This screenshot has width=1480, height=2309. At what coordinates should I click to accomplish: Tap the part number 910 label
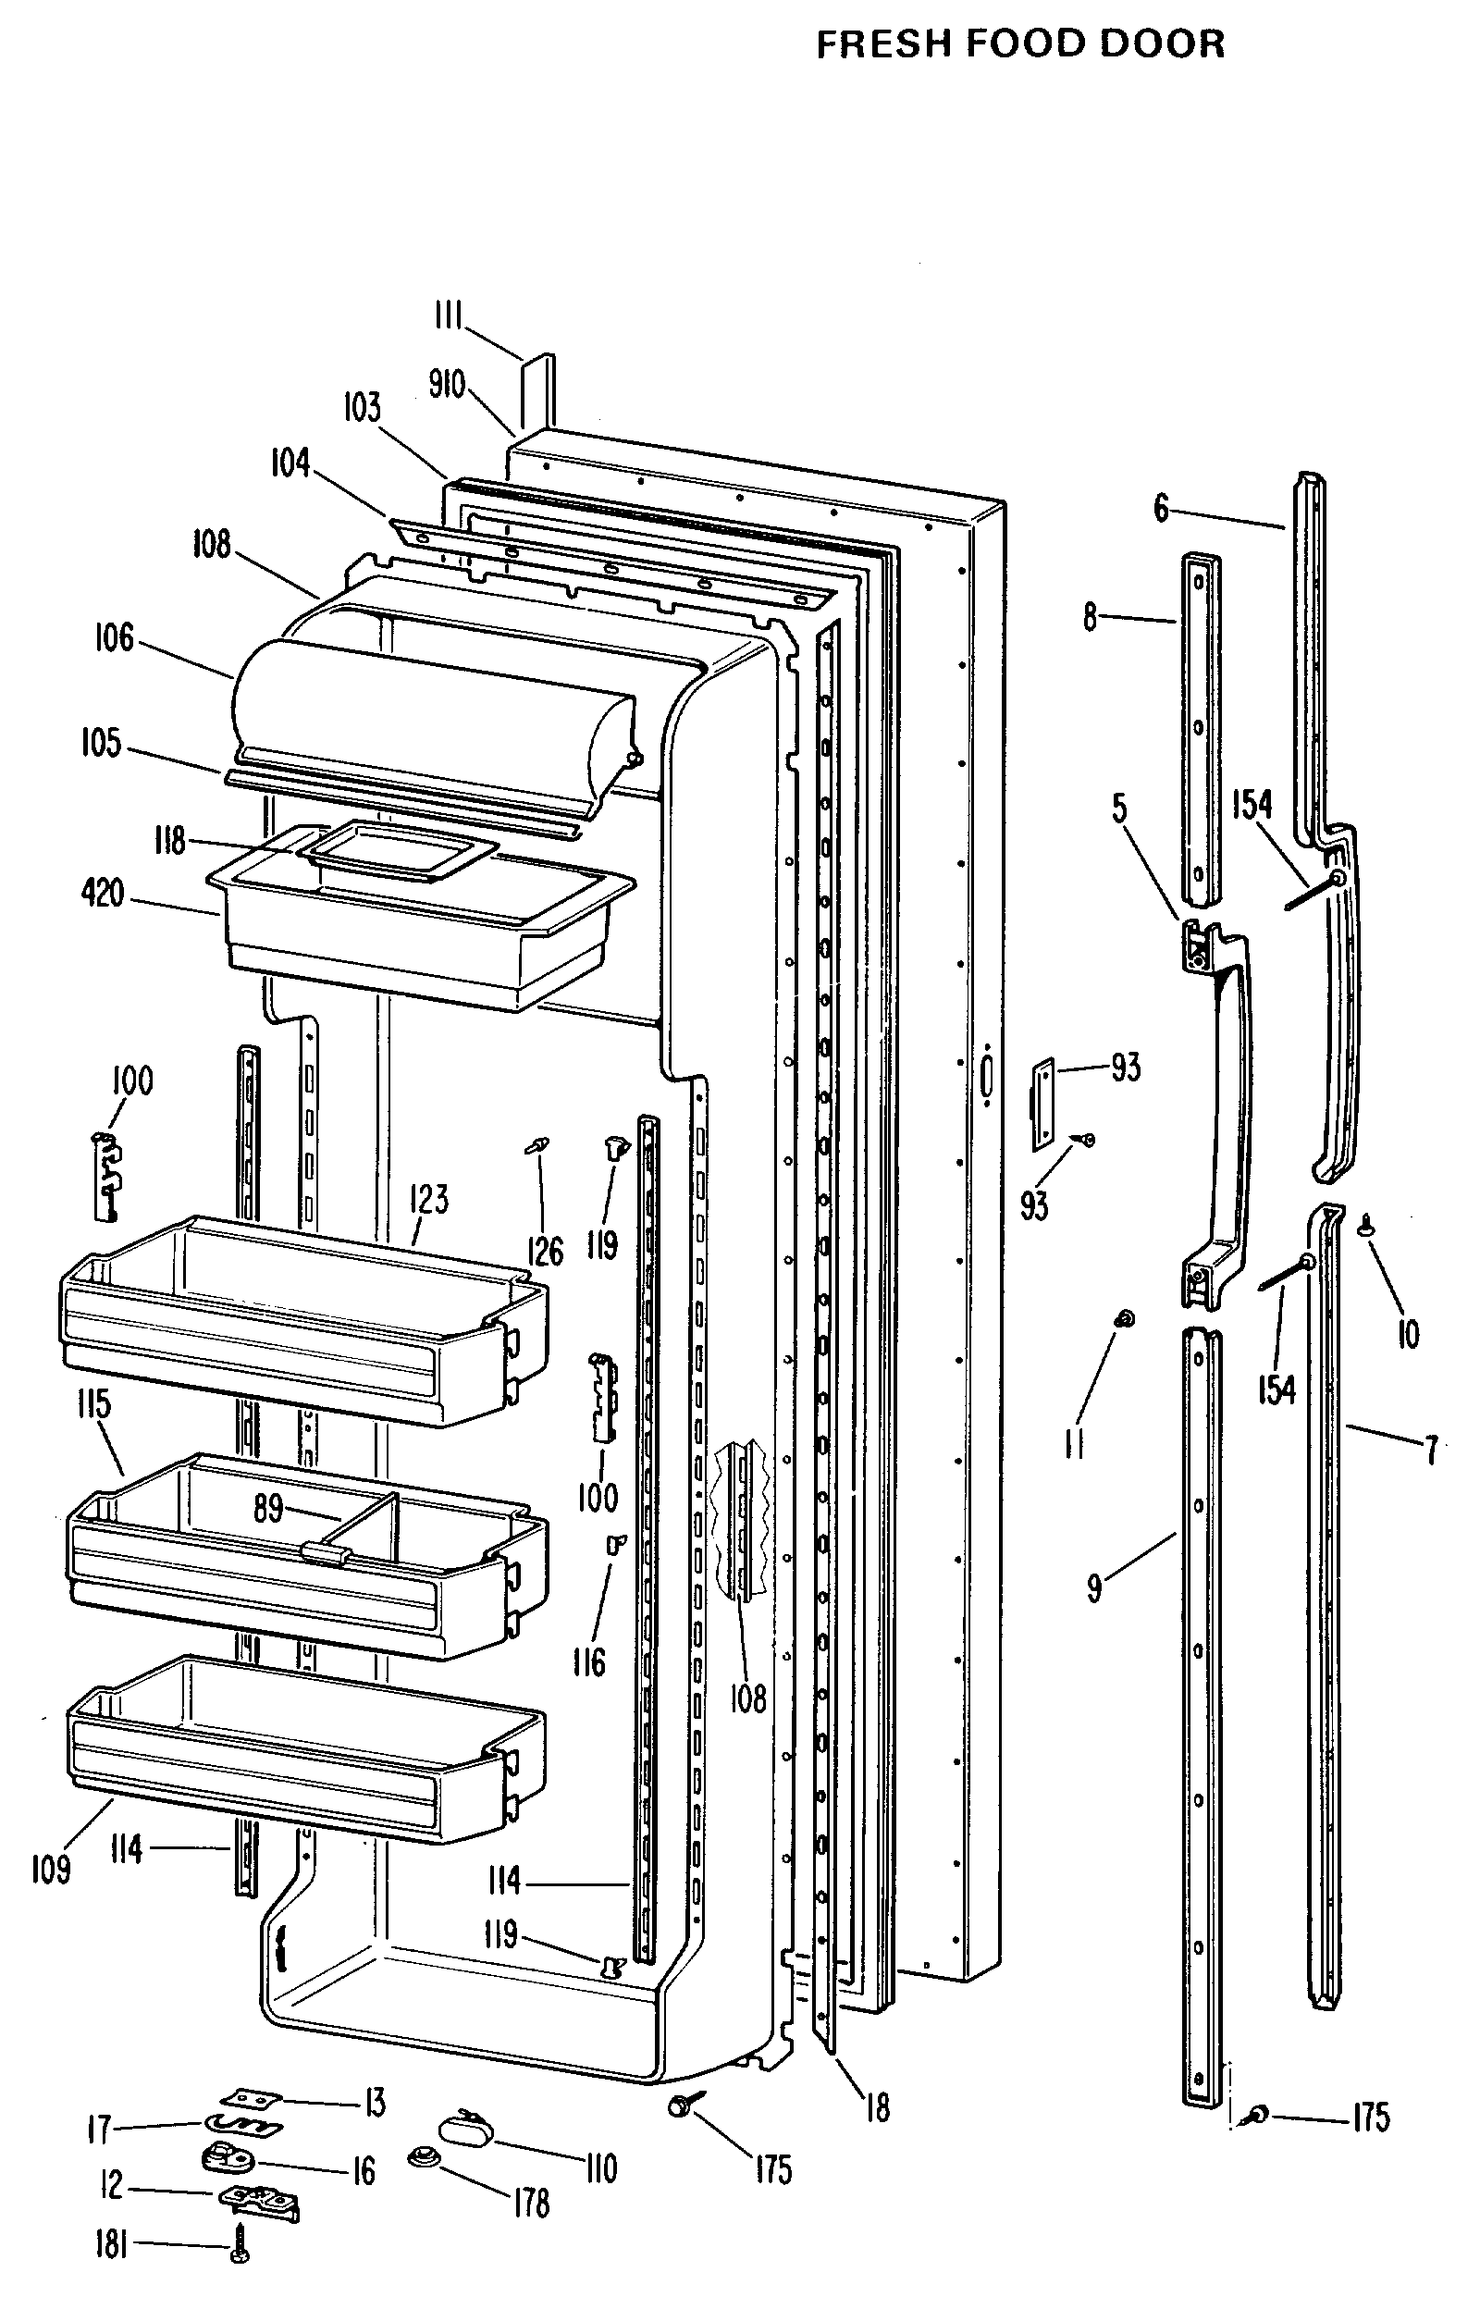pos(447,386)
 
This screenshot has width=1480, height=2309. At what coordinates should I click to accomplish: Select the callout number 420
pos(103,894)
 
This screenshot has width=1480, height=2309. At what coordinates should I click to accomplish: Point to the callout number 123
pos(428,1198)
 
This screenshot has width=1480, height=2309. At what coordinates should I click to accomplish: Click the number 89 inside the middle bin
pos(268,1508)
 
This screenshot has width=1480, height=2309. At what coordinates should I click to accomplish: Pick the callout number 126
pos(545,1251)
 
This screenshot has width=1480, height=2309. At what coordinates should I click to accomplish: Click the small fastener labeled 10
pos(1365,1222)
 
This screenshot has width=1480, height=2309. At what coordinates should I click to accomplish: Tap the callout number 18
pos(878,2107)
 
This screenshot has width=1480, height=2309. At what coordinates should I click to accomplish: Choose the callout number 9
pos(1094,1587)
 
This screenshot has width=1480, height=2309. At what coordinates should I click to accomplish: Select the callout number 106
pos(115,638)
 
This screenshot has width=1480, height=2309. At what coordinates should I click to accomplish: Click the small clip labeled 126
pos(538,1144)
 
